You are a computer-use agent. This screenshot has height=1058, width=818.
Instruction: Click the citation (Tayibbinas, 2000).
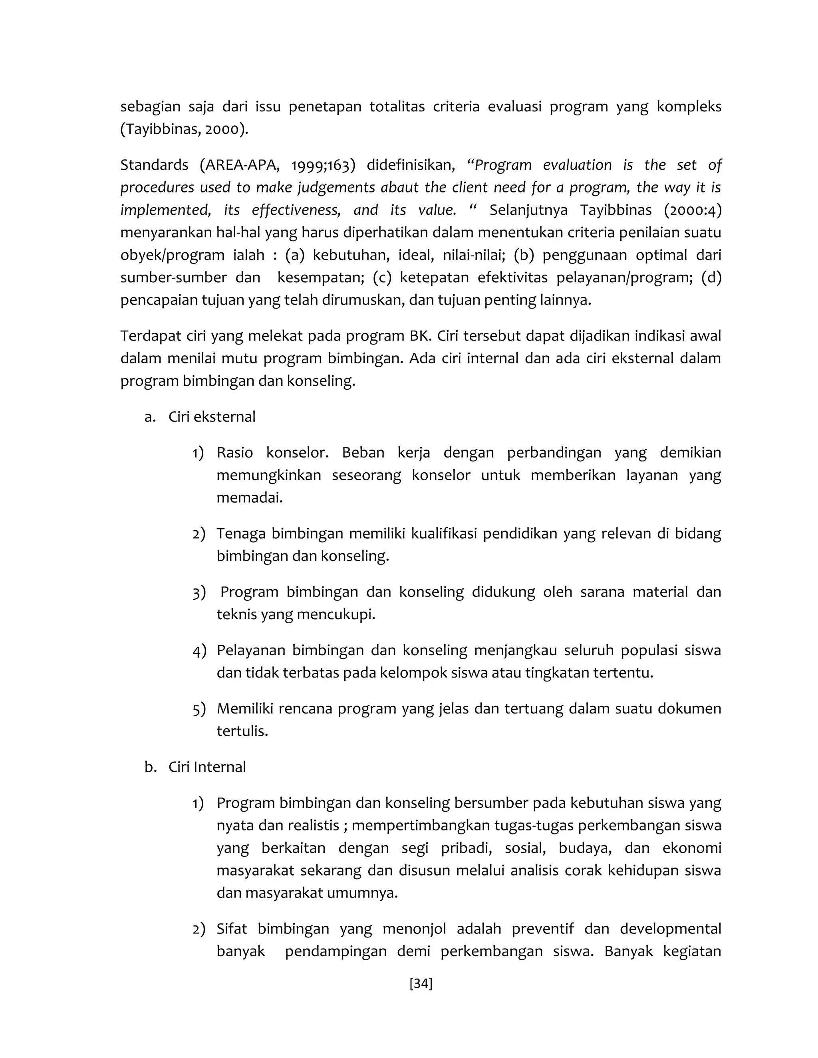point(184,129)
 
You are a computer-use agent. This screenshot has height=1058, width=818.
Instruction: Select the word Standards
point(154,165)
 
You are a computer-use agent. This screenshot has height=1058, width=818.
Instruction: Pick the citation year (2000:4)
point(693,210)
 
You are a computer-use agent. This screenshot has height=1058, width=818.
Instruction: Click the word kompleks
point(689,107)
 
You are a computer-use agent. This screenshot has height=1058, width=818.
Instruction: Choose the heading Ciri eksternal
point(212,416)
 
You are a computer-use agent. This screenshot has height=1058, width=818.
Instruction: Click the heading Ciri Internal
point(207,767)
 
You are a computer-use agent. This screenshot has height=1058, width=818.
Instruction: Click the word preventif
point(542,929)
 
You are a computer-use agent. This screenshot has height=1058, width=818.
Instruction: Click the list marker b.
point(150,767)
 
